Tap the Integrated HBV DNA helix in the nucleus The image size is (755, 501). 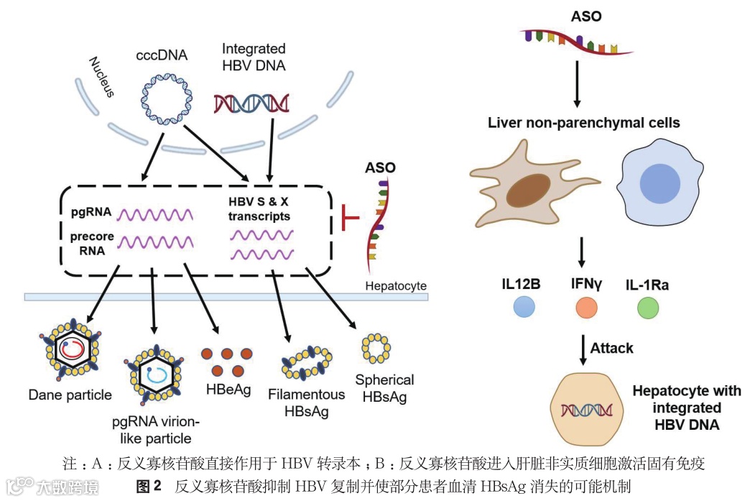[x=251, y=103]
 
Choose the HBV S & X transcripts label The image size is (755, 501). [x=259, y=208]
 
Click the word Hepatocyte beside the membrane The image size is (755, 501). [x=396, y=286]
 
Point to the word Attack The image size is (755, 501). [x=612, y=349]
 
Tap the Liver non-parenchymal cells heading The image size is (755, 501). [x=583, y=123]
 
